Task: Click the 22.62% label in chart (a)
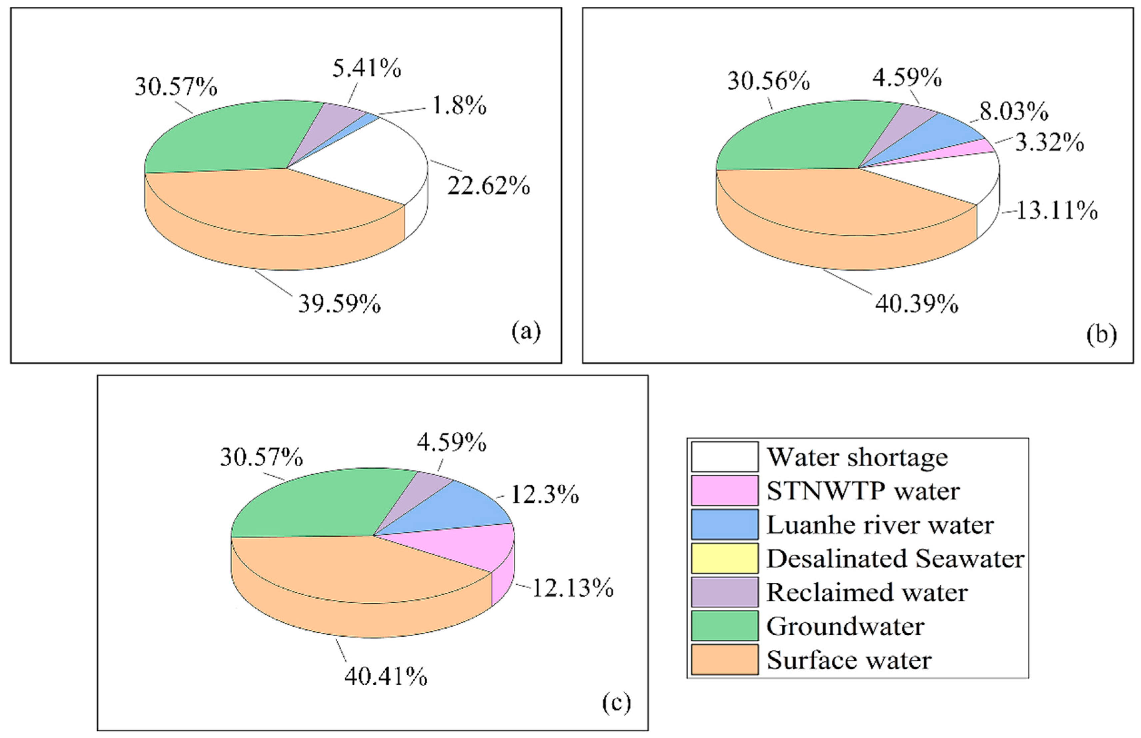coord(488,186)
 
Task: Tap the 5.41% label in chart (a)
coord(367,69)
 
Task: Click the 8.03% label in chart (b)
coord(1013,112)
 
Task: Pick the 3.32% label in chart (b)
coord(1049,143)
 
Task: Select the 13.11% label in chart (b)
coord(1056,211)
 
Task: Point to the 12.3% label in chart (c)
coord(545,494)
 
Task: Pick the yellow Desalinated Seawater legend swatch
coord(724,558)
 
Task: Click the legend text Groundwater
coord(845,626)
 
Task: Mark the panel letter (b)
coord(1101,335)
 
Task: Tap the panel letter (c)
coord(616,703)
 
